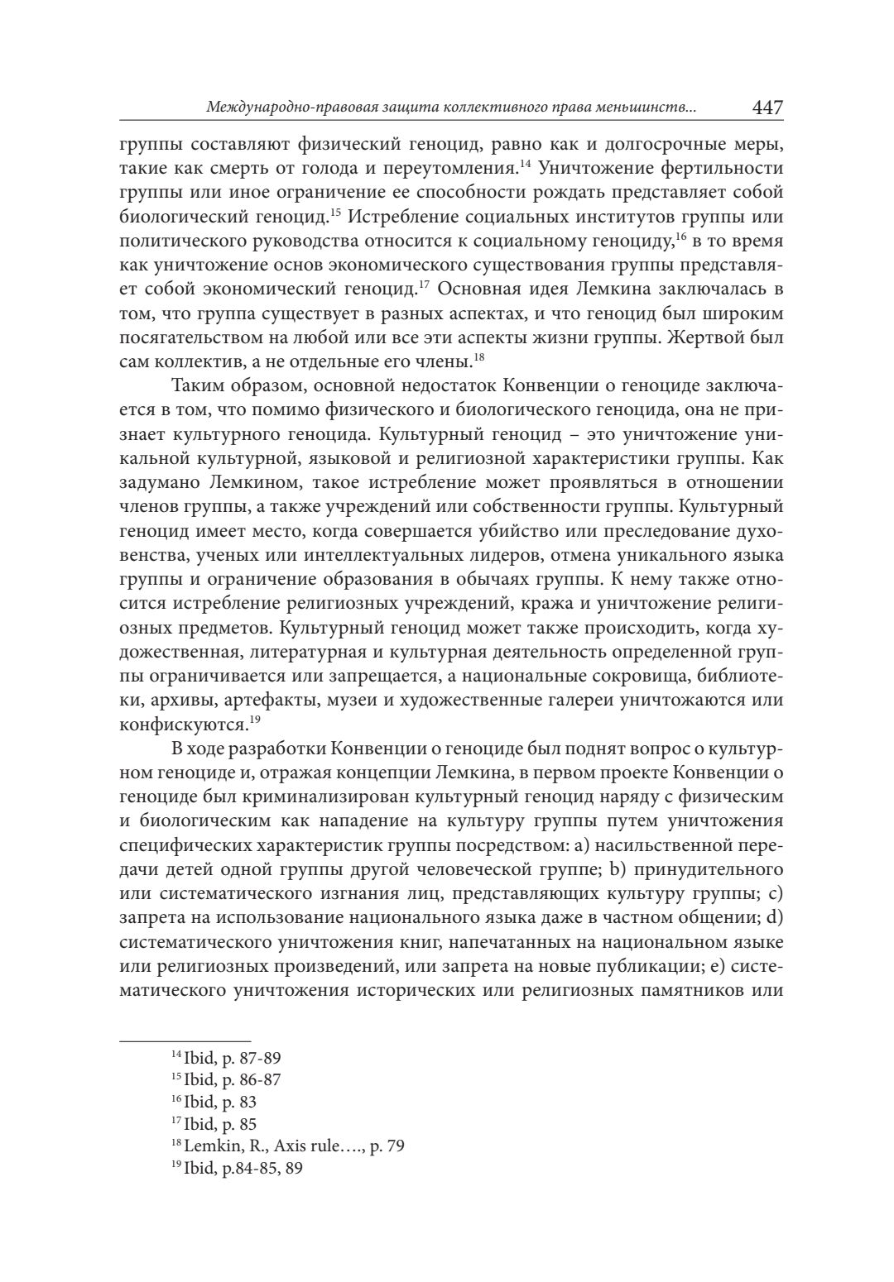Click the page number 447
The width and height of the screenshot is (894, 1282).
tap(767, 108)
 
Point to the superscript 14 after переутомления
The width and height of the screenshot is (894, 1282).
tap(525, 163)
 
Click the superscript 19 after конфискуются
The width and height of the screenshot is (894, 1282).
tap(255, 720)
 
